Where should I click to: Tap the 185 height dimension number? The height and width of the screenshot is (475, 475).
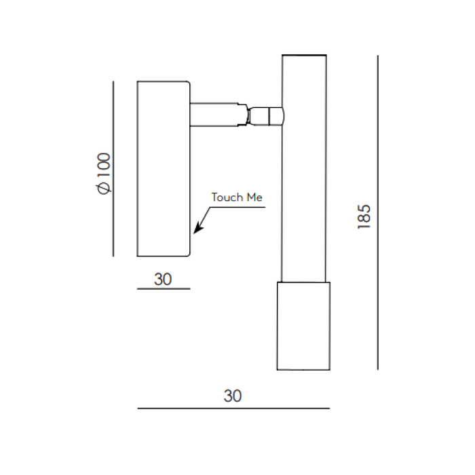(364, 217)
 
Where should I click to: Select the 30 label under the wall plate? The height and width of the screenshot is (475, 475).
(163, 279)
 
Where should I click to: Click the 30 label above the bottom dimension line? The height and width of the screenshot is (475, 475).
(233, 396)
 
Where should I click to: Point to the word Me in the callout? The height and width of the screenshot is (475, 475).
(254, 197)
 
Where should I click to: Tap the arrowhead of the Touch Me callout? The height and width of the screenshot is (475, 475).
(198, 228)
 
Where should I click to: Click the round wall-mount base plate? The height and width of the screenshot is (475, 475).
(164, 169)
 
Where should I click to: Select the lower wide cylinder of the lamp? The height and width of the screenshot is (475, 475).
(303, 326)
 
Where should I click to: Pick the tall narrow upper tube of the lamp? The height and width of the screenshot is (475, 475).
(304, 168)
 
